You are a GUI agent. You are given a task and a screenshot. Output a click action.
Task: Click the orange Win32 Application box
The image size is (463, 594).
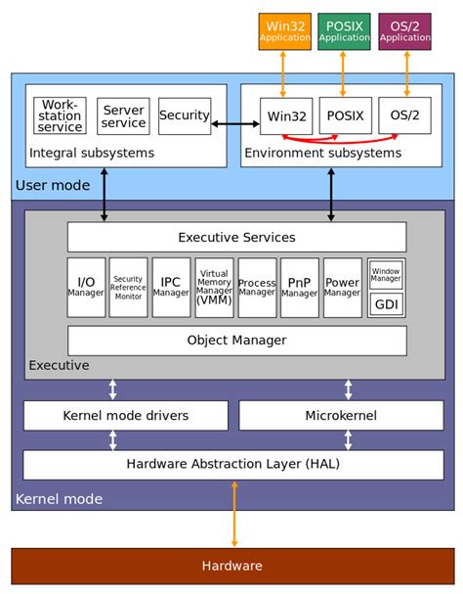[284, 31]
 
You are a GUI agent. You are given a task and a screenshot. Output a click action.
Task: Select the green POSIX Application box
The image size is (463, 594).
[344, 31]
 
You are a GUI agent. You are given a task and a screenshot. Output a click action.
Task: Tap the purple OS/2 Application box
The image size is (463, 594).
[404, 31]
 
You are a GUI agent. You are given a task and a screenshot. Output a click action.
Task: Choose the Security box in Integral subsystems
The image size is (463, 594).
[185, 115]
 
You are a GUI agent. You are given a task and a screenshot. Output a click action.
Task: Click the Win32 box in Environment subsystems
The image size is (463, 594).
[285, 115]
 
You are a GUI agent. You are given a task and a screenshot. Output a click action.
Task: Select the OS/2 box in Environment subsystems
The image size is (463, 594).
[404, 115]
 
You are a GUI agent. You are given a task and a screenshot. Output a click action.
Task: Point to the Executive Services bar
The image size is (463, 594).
[236, 237]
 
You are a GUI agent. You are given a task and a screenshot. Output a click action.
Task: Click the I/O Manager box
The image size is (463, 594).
[86, 288]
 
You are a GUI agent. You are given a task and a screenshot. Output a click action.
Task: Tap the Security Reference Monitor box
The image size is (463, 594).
[128, 288]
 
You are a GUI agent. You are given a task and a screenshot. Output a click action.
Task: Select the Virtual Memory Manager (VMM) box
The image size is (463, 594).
[214, 288]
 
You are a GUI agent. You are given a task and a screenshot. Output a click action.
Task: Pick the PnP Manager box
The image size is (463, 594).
[300, 288]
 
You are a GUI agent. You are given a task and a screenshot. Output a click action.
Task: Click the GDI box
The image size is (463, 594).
[386, 304]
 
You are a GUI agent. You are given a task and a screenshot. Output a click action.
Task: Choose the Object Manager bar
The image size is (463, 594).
[236, 341]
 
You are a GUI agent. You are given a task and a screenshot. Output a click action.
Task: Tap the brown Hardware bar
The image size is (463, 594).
[231, 566]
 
